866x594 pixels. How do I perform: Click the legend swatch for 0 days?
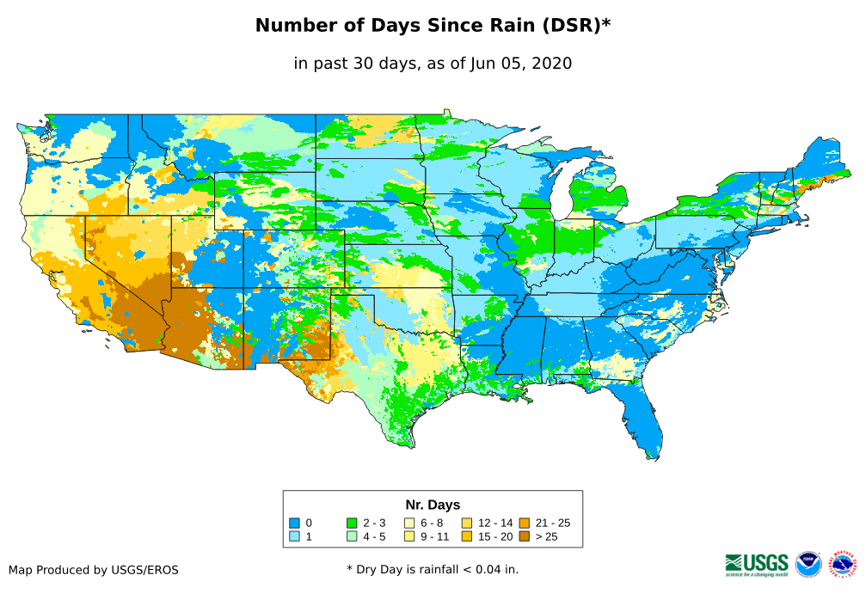[x=294, y=523]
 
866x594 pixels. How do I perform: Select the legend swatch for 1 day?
[x=294, y=536]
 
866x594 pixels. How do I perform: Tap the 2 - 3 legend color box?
[x=352, y=523]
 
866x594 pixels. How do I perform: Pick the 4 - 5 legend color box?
[x=352, y=536]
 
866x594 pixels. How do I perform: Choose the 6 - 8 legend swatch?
[x=409, y=523]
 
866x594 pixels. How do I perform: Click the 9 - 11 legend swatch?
[x=409, y=536]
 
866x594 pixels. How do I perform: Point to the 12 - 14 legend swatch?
[x=467, y=523]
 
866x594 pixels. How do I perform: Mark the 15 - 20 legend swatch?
[x=467, y=536]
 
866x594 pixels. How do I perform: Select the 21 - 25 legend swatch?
[x=524, y=523]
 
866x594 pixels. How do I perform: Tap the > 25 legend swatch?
[x=524, y=536]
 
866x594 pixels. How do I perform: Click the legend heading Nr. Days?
[x=433, y=505]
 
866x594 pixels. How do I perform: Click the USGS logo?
[x=757, y=564]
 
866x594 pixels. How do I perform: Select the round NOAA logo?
[x=808, y=564]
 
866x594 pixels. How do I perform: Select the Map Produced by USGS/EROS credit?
[x=94, y=570]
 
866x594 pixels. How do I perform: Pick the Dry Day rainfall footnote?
[x=433, y=569]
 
